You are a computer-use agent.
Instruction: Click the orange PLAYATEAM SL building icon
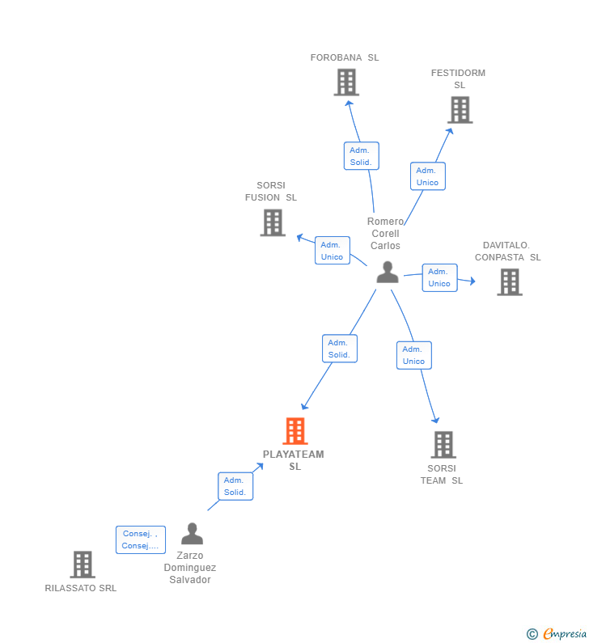[295, 431]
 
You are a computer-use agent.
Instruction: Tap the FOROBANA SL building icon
[346, 82]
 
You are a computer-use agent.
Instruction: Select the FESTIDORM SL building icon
[460, 110]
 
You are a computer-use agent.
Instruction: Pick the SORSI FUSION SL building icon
[273, 222]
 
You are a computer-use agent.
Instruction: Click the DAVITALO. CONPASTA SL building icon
[509, 282]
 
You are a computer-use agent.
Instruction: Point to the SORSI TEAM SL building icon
[443, 445]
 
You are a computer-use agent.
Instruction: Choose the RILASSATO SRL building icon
[83, 565]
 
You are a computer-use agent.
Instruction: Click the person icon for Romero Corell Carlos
[388, 273]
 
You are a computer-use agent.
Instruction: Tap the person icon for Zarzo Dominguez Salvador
[192, 534]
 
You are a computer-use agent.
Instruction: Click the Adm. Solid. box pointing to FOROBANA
[361, 156]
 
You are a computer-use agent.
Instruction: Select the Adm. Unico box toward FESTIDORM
[427, 176]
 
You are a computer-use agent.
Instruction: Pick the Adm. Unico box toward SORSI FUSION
[332, 251]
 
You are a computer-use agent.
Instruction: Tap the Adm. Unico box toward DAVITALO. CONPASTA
[439, 277]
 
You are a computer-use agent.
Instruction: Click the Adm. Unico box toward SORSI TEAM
[413, 355]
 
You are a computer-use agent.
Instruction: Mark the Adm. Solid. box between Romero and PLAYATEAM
[339, 349]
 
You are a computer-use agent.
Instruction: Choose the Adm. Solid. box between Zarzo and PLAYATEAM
[235, 486]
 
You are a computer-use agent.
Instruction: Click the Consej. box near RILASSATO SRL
[140, 539]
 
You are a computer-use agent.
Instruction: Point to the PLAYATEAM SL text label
[294, 460]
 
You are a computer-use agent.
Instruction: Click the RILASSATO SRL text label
[81, 588]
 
